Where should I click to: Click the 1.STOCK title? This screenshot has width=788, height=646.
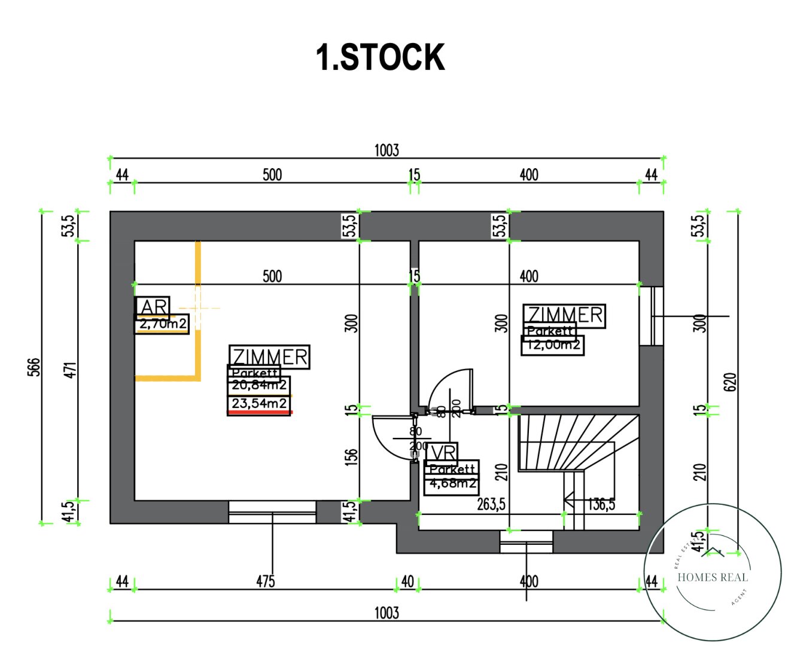(380, 57)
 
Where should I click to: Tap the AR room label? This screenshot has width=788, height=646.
(153, 306)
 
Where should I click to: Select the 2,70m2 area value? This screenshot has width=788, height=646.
(162, 324)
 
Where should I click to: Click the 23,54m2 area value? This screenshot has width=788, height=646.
(259, 404)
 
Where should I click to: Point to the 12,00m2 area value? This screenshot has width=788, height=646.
(552, 345)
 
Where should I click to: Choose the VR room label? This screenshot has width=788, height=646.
(442, 453)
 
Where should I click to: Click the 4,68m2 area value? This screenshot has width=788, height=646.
(452, 483)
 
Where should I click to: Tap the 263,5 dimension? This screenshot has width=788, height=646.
(491, 504)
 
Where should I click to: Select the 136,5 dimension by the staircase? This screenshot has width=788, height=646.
(601, 504)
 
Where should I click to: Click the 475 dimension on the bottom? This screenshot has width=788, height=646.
(265, 581)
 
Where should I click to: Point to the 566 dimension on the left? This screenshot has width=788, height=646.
(34, 367)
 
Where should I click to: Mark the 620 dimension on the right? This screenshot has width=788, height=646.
(730, 382)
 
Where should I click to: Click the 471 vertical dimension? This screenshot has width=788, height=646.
(70, 370)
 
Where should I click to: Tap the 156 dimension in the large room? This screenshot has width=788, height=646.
(352, 456)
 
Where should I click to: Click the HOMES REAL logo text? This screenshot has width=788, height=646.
(712, 577)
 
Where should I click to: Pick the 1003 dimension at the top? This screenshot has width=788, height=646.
(387, 150)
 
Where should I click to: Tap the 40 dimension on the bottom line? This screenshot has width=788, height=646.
(407, 581)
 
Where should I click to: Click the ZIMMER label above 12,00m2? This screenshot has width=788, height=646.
(565, 315)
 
